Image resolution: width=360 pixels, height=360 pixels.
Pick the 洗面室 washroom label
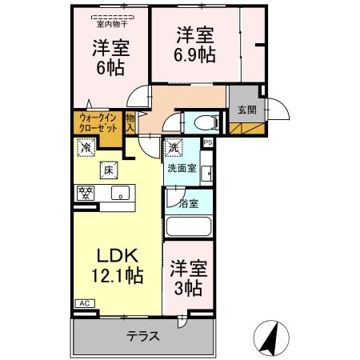pos(181,169)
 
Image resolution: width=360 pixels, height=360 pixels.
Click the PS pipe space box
pos(208,143)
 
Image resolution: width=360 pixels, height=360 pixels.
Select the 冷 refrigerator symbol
pos(85,147)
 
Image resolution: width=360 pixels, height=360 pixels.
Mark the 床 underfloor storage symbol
pos(107,169)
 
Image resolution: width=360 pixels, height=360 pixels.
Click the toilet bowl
pos(204,122)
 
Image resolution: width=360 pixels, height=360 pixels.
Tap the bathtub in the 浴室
pos(190,226)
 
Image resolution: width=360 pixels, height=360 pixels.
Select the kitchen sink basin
pos(120,193)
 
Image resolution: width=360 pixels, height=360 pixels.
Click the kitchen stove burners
pos(86,193)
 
